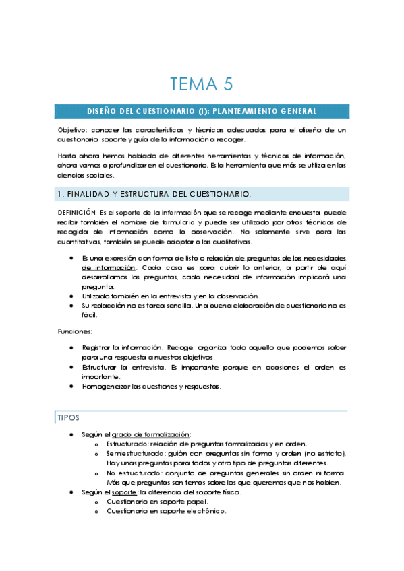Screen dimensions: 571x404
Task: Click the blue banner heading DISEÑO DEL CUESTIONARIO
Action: click(202, 111)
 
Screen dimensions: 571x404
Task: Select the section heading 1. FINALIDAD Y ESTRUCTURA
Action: click(154, 195)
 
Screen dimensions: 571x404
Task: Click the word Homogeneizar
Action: click(106, 387)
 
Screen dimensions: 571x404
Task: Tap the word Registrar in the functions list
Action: click(98, 347)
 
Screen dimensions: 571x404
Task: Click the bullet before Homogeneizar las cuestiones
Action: click(72, 387)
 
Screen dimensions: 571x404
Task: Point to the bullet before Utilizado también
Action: click(72, 296)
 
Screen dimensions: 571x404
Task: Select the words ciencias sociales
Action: click(81, 174)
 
